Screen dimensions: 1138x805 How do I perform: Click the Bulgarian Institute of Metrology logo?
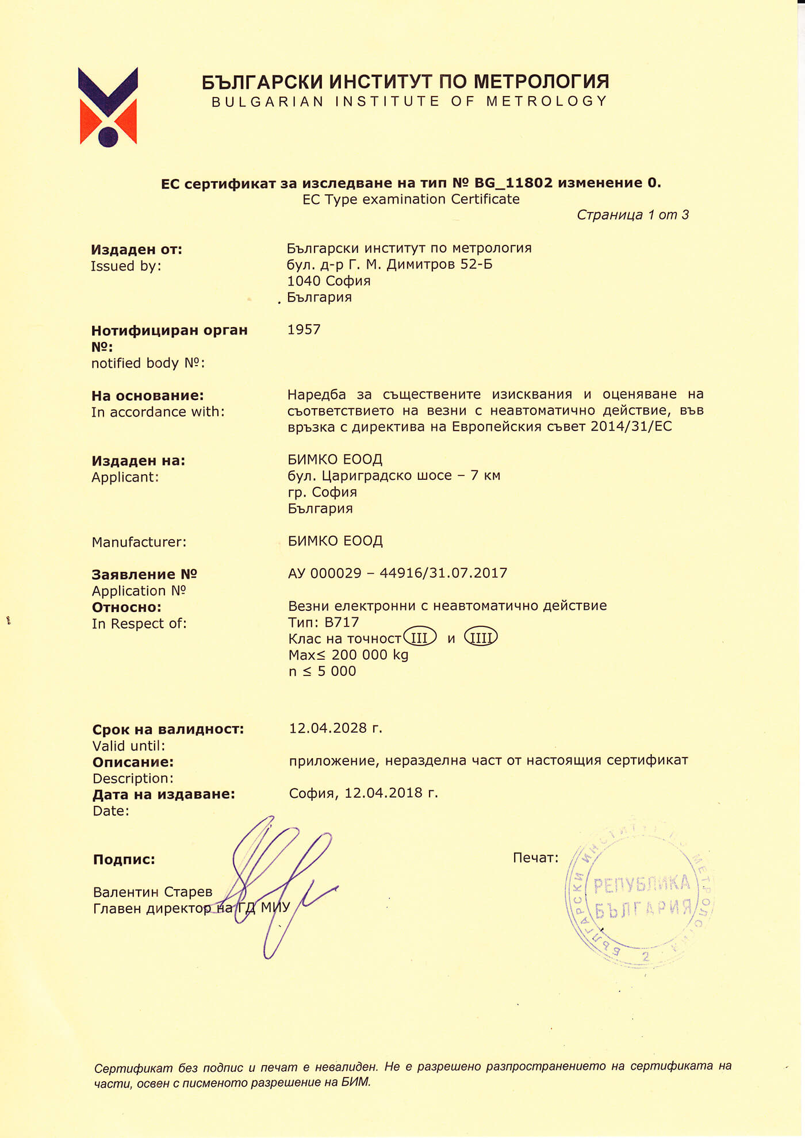108,107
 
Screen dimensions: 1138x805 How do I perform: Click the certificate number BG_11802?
513,183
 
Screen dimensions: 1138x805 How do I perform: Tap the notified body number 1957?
304,329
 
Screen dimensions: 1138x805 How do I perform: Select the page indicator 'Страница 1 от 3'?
632,215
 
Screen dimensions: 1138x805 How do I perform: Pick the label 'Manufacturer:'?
139,542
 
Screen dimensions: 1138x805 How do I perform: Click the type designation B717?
342,622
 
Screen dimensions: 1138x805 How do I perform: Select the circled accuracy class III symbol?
420,637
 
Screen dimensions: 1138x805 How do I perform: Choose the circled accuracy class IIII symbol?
481,637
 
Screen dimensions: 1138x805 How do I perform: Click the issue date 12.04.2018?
384,793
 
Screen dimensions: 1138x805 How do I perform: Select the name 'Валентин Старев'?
152,892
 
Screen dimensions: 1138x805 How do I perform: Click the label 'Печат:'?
535,858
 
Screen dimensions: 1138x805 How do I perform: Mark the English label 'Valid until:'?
129,746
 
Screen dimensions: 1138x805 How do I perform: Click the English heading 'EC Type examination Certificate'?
411,199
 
